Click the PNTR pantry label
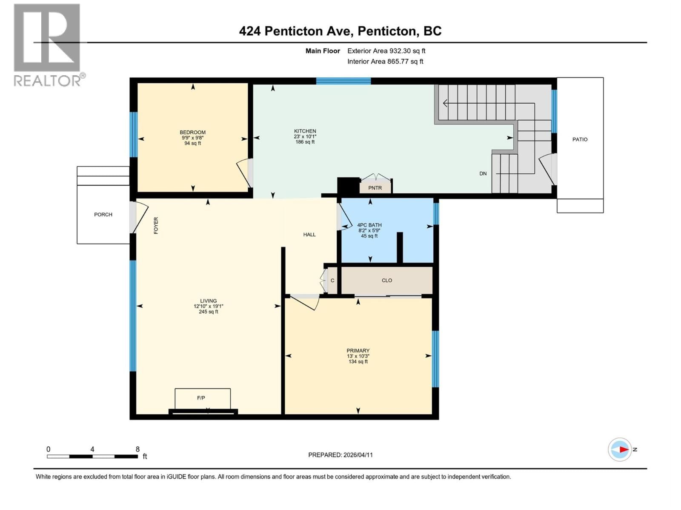(375, 188)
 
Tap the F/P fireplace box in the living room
(203, 398)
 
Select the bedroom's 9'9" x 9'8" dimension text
(192, 138)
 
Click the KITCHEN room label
(305, 131)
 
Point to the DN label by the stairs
(483, 173)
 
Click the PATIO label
(580, 139)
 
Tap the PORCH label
(103, 215)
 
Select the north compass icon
(620, 449)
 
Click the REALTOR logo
(47, 45)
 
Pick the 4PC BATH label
(369, 225)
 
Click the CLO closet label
(387, 280)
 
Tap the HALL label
(309, 235)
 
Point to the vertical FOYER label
(156, 225)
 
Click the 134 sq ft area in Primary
(358, 362)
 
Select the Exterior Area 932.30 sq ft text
(386, 51)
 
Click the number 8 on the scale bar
(137, 449)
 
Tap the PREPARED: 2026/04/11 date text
(340, 455)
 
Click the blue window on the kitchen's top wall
(343, 81)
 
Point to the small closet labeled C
(332, 280)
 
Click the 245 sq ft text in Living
(209, 312)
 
